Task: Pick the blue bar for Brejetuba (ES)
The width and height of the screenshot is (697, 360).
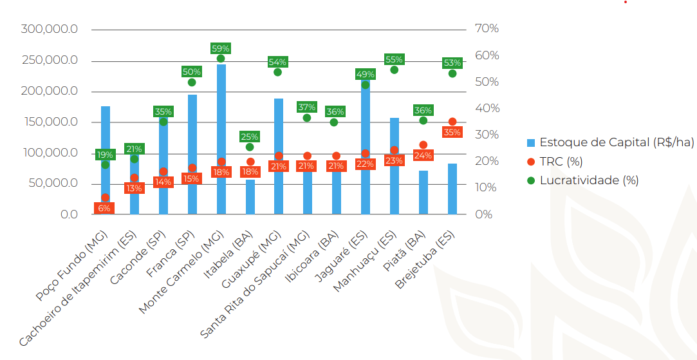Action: click(452, 189)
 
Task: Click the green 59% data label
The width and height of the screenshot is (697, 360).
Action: click(221, 48)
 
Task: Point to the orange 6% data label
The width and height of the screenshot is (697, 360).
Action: click(104, 208)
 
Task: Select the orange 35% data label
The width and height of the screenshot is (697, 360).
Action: click(452, 132)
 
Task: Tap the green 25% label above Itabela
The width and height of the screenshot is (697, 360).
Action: click(250, 137)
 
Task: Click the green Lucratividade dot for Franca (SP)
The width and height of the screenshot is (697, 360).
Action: click(192, 82)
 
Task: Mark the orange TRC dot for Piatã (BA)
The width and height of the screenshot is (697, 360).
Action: click(423, 145)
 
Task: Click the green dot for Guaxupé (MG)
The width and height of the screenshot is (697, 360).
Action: click(277, 72)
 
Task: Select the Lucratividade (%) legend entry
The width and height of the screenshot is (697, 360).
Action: click(589, 180)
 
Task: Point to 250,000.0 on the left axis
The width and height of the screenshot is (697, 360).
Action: click(50, 60)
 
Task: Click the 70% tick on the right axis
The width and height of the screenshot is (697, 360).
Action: click(487, 29)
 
